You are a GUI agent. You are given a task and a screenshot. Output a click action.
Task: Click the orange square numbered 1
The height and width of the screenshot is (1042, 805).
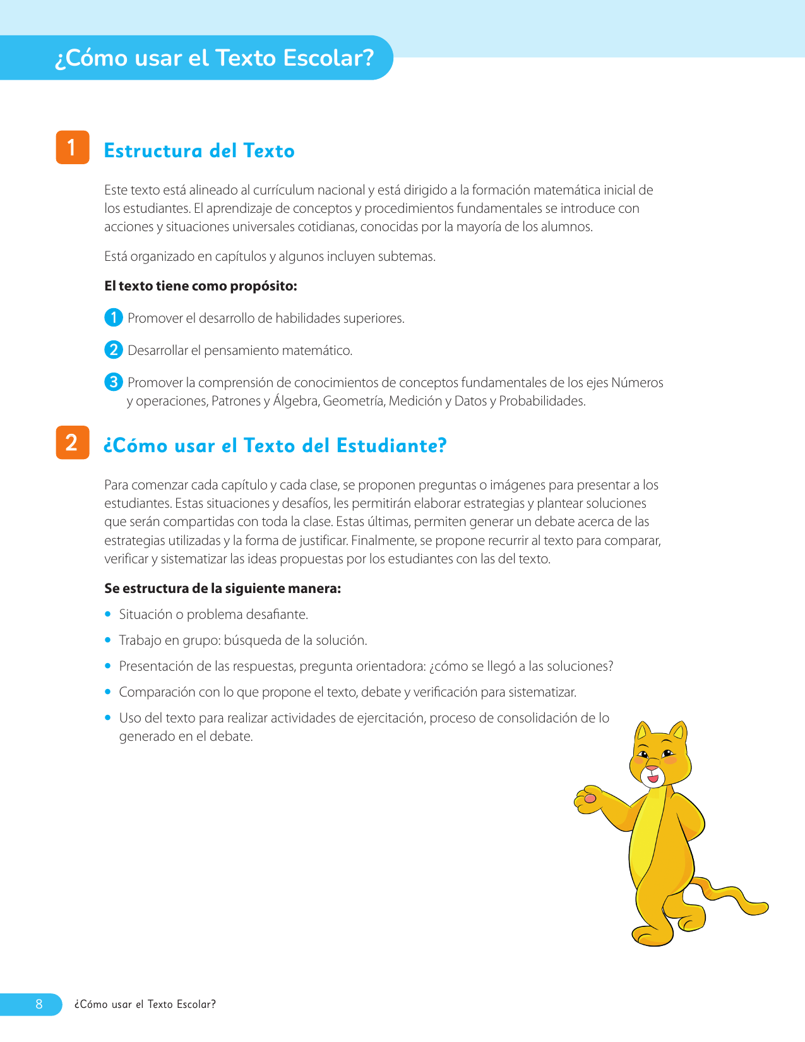click(x=73, y=147)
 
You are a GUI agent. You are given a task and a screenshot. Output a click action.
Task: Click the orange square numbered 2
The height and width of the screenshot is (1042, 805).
click(x=73, y=442)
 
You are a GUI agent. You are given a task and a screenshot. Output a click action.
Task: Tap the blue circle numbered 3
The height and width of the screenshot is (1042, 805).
click(x=113, y=381)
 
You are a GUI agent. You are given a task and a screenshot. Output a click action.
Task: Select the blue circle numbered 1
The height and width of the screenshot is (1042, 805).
click(x=113, y=317)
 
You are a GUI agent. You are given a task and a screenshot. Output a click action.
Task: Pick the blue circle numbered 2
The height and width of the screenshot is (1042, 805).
click(x=113, y=349)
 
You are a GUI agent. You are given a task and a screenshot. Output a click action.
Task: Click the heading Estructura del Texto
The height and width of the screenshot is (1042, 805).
click(x=199, y=151)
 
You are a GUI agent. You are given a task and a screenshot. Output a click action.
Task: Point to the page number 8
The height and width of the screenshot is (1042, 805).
click(x=39, y=1004)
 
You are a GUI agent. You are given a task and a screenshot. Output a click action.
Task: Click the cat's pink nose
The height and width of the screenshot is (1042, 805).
click(x=652, y=769)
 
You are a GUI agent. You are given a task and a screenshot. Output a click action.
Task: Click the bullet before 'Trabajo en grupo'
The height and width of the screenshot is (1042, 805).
click(x=107, y=640)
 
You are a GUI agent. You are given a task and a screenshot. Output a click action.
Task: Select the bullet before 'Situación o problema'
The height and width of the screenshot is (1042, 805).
click(x=107, y=614)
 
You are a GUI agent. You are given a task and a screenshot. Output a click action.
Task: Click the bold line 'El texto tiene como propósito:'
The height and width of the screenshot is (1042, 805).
click(x=201, y=286)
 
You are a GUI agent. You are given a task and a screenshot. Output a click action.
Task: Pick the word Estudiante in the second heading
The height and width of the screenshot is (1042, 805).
click(x=391, y=446)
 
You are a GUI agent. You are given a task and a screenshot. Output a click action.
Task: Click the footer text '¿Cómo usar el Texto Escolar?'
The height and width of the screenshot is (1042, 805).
click(x=145, y=1004)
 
